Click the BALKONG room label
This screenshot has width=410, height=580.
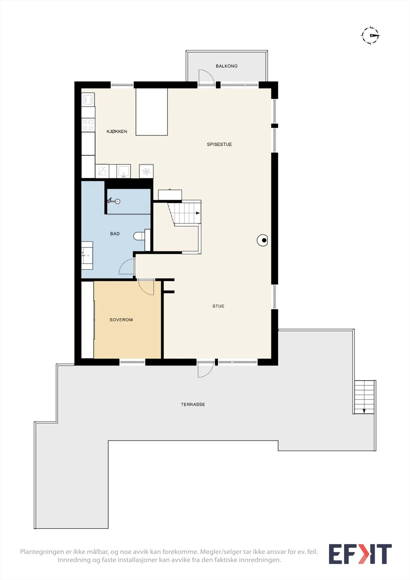227,66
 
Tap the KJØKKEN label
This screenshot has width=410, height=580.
117,132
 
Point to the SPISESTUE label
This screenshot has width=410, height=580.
219,145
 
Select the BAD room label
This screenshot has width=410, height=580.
115,234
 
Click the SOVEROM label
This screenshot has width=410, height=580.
121,320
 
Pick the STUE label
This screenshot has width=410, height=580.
218,306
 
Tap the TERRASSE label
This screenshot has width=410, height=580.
193,404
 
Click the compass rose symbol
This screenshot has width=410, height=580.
370,36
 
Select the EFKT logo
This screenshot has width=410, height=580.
360,554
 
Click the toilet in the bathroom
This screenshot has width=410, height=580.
139,236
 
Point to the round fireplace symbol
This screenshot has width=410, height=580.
262,240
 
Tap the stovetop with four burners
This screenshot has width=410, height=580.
88,125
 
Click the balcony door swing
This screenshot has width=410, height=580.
206,77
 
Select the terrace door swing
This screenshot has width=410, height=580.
206,369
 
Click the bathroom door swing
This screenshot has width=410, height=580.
127,267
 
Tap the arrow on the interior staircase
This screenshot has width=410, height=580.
198,213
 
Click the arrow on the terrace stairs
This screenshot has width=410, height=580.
364,411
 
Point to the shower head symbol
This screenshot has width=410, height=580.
114,201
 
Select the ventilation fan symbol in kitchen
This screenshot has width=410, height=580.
146,171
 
